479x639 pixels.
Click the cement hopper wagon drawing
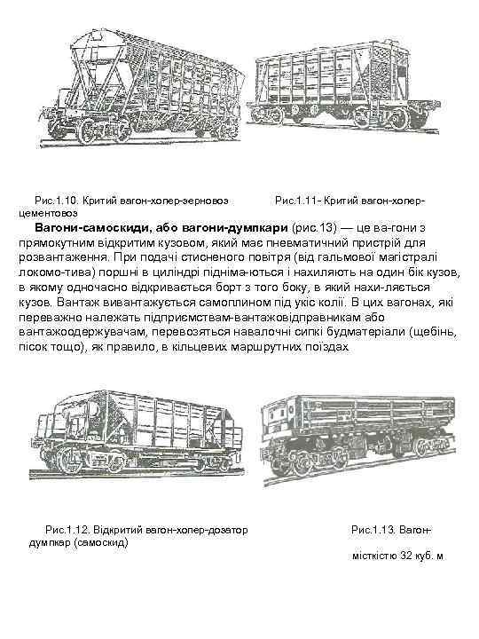point(343,88)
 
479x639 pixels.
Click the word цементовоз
point(49,213)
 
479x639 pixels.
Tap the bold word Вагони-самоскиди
point(91,227)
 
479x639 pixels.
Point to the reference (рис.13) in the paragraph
point(314,228)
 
